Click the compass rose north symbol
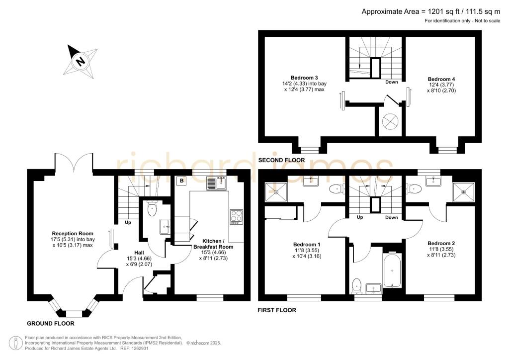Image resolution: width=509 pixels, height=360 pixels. pos(80,61)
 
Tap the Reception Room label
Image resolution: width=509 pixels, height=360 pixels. pos(73,233)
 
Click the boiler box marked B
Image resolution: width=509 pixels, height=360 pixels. pos(182,181)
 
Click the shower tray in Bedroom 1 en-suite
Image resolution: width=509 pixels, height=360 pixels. pos(272,189)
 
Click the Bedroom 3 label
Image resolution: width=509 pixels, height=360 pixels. pos(304,78)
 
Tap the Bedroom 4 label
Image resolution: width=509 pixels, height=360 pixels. pos(442,79)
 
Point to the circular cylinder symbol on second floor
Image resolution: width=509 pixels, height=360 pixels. pos(389,121)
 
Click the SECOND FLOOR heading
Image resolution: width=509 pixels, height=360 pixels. pos(281,160)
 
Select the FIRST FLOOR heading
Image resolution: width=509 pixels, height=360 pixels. pos(276,310)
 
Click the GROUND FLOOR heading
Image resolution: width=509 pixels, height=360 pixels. pos(50,323)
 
